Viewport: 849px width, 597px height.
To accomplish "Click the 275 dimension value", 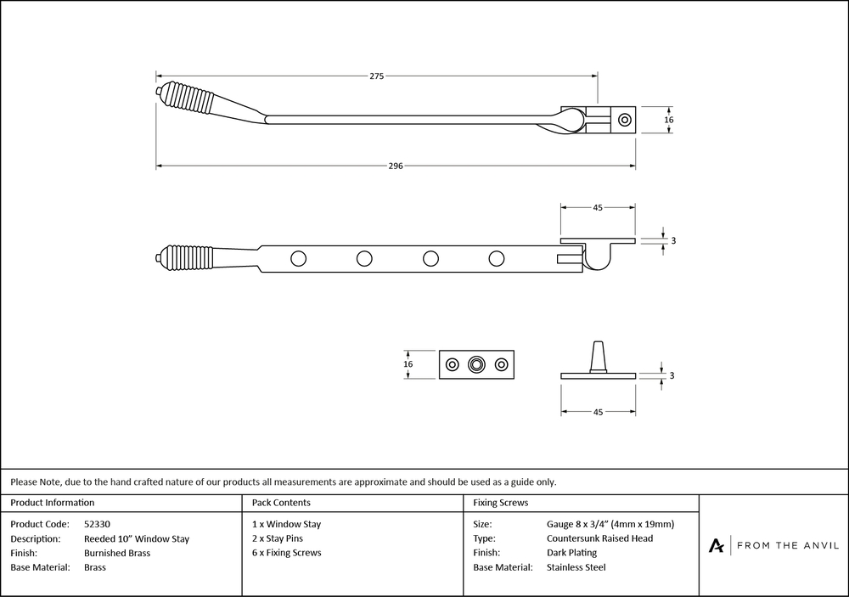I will [x=377, y=76].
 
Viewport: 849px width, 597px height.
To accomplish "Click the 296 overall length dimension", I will [x=396, y=166].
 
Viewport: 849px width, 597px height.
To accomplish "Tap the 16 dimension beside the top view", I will [x=669, y=121].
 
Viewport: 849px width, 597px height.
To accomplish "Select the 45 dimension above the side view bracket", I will [x=598, y=206].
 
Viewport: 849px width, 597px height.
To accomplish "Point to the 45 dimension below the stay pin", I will [x=598, y=412].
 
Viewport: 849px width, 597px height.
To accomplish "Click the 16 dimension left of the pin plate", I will [x=408, y=363].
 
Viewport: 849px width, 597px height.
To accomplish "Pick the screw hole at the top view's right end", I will [x=625, y=121].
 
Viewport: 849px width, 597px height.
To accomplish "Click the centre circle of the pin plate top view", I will [x=476, y=364].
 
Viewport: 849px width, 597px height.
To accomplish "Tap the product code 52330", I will [x=98, y=524].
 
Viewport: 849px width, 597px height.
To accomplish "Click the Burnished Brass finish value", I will [x=117, y=553].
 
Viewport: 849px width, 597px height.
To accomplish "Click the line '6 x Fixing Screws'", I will [x=287, y=553].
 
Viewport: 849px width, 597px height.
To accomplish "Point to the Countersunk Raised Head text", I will [x=599, y=538].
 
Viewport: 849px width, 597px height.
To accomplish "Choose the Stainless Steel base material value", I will [x=576, y=567].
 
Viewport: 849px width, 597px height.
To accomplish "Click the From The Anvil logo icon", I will [x=717, y=545].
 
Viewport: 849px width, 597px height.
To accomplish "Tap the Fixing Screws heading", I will [x=501, y=503].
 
